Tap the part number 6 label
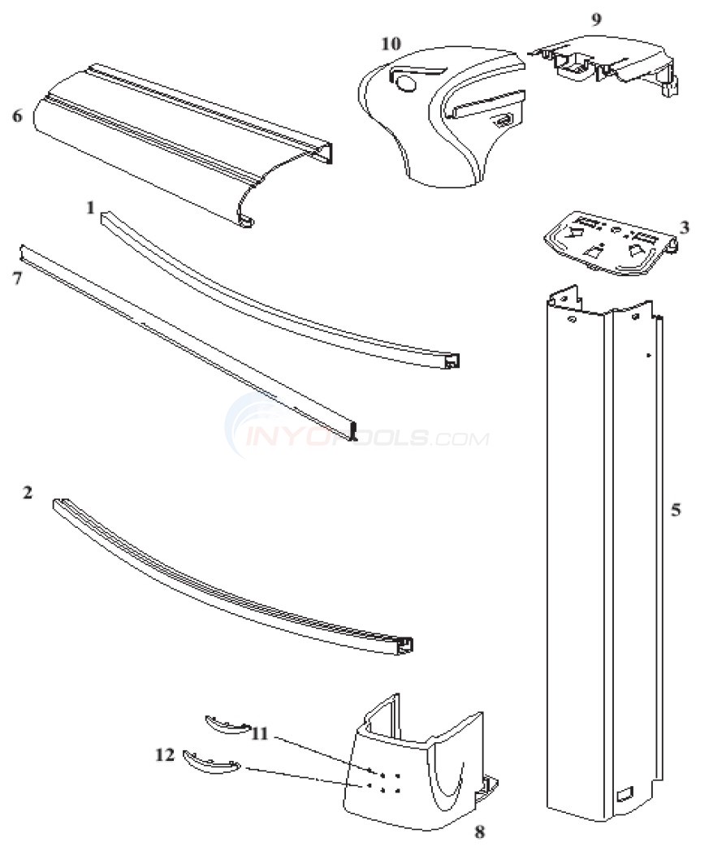pyautogui.click(x=17, y=116)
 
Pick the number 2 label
pyautogui.click(x=28, y=493)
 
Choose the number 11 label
pyautogui.click(x=260, y=732)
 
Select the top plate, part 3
pyautogui.click(x=609, y=240)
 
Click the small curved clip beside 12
pyautogui.click(x=210, y=762)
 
